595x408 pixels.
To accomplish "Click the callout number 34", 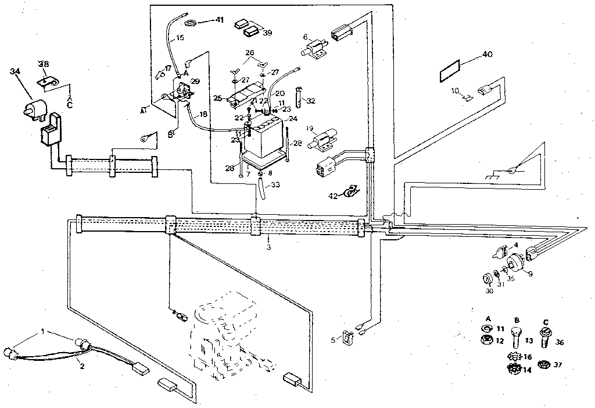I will tap(15, 72).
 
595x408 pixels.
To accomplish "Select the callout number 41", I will tap(219, 20).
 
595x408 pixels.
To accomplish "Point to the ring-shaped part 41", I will tap(191, 23).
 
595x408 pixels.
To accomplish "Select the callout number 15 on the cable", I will tap(179, 38).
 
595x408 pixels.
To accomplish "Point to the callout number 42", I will tap(332, 196).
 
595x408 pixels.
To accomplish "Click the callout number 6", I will tap(305, 38).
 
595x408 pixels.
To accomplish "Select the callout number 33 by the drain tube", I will tap(275, 185).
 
